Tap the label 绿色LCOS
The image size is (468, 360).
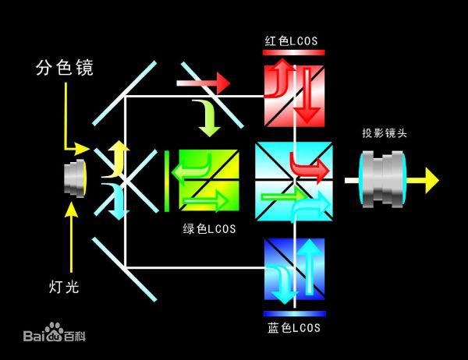(x=209, y=230)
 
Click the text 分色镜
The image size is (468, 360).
(x=65, y=68)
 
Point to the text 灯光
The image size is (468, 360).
(x=59, y=288)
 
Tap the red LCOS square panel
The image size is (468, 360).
(x=294, y=94)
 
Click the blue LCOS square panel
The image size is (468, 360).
(x=294, y=270)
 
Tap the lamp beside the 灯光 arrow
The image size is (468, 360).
(x=76, y=178)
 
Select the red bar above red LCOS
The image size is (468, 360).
(x=294, y=52)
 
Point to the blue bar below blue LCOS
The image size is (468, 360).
(x=294, y=313)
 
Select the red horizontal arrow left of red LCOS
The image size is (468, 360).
(x=204, y=80)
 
